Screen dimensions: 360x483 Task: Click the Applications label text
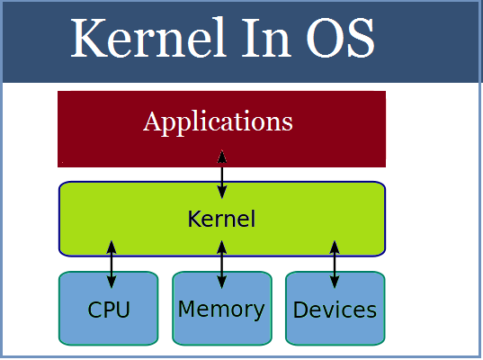point(219,121)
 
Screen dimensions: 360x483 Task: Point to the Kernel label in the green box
point(221,219)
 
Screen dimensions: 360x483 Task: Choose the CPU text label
point(109,310)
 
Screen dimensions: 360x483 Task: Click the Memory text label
point(221,310)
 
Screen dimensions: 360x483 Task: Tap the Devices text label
point(335,310)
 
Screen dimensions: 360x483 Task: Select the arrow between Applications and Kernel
point(222,175)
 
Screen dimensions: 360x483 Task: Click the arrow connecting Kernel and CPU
point(112,264)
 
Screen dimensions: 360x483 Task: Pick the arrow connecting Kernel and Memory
point(222,264)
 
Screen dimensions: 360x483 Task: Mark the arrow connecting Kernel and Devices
point(335,264)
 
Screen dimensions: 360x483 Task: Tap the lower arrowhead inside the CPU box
point(112,283)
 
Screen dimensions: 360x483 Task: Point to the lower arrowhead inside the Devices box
point(335,283)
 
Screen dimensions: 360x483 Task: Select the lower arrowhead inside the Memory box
point(222,283)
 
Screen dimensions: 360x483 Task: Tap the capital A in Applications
point(152,120)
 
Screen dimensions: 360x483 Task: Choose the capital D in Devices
point(301,310)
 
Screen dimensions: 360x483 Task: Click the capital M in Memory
point(187,310)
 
